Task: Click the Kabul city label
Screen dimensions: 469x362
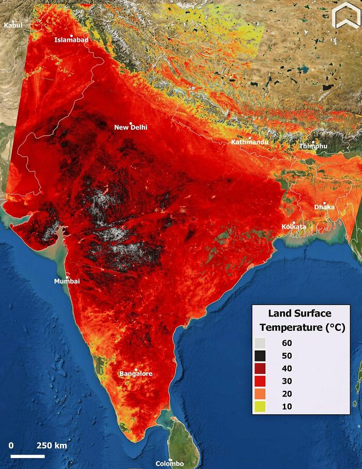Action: click(13, 25)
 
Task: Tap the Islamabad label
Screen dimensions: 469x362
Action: click(71, 40)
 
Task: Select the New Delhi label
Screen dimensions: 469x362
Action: click(131, 127)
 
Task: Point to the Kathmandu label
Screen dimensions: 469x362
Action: click(250, 142)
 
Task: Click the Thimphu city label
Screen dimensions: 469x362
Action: click(313, 146)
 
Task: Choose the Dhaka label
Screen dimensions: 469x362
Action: click(324, 207)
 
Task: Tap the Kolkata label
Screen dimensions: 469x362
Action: click(294, 226)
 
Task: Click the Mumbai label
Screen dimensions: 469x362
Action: click(67, 281)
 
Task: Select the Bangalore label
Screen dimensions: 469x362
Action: click(136, 374)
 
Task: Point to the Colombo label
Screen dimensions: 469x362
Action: click(170, 463)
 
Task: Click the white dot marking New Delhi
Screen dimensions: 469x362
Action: click(131, 123)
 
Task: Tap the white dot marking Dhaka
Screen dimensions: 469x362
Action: click(325, 203)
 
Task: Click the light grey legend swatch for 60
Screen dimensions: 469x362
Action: click(260, 343)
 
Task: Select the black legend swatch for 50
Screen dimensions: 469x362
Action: click(260, 356)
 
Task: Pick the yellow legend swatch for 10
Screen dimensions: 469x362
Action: click(260, 406)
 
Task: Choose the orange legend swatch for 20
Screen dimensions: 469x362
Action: click(260, 394)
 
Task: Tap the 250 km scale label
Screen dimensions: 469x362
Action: click(52, 446)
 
